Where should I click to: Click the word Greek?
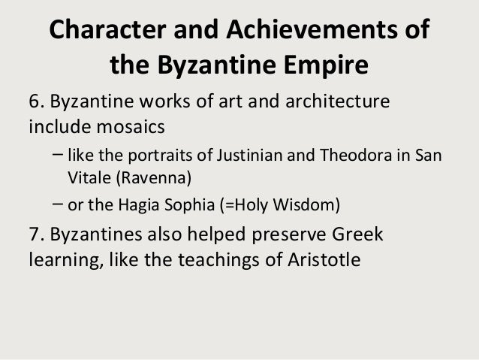coord(355,236)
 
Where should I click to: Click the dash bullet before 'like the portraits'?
coord(59,156)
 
